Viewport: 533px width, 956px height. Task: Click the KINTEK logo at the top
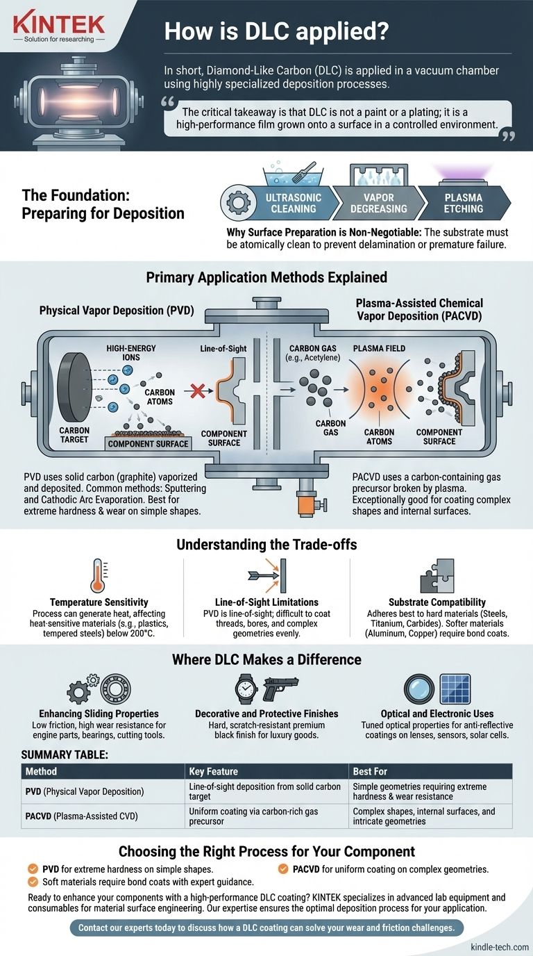[x=59, y=26]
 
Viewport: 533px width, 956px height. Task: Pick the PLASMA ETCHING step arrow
[x=463, y=203]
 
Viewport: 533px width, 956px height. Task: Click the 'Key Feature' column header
[x=213, y=771]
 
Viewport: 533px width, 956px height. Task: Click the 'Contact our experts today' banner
[x=266, y=928]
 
